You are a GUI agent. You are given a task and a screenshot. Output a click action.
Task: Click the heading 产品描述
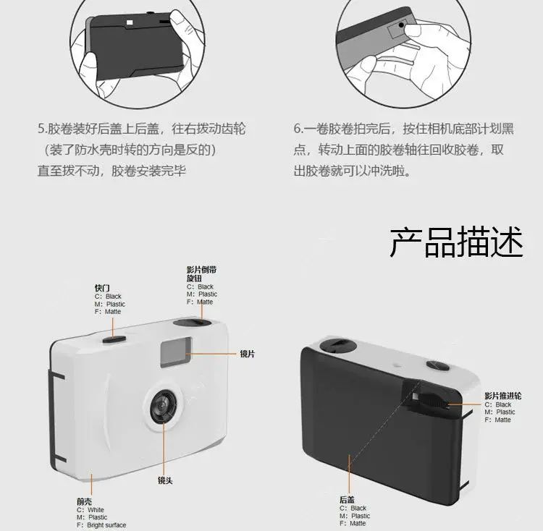tap(456, 242)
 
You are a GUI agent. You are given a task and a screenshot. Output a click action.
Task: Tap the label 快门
tap(102, 288)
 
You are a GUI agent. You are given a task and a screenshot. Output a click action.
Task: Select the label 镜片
tap(248, 354)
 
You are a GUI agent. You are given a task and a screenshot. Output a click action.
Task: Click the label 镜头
tap(165, 480)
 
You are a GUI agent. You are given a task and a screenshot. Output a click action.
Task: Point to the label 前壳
tap(85, 501)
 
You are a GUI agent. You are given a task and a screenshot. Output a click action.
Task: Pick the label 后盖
tap(347, 499)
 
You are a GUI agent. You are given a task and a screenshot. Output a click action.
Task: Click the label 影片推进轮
tap(503, 396)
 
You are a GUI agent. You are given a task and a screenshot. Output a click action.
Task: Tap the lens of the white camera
tap(164, 406)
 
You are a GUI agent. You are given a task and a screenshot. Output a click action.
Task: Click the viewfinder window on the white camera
tap(176, 352)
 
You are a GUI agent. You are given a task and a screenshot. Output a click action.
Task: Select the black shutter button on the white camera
tap(114, 339)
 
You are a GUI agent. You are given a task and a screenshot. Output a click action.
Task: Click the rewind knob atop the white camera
tap(192, 323)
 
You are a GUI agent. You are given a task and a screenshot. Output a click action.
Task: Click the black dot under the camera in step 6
tap(401, 25)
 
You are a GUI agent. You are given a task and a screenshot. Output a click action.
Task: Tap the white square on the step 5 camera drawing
tap(130, 23)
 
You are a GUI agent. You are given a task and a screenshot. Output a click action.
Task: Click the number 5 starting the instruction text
tap(41, 129)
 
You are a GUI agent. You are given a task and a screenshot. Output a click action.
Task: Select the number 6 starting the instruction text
tap(298, 129)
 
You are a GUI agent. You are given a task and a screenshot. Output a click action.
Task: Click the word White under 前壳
tap(96, 509)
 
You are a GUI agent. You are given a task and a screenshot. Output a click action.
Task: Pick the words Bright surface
tap(106, 524)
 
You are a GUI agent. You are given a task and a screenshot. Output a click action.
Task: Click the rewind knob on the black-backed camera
tap(337, 347)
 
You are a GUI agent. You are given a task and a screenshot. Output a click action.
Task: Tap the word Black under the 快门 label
tap(114, 297)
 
